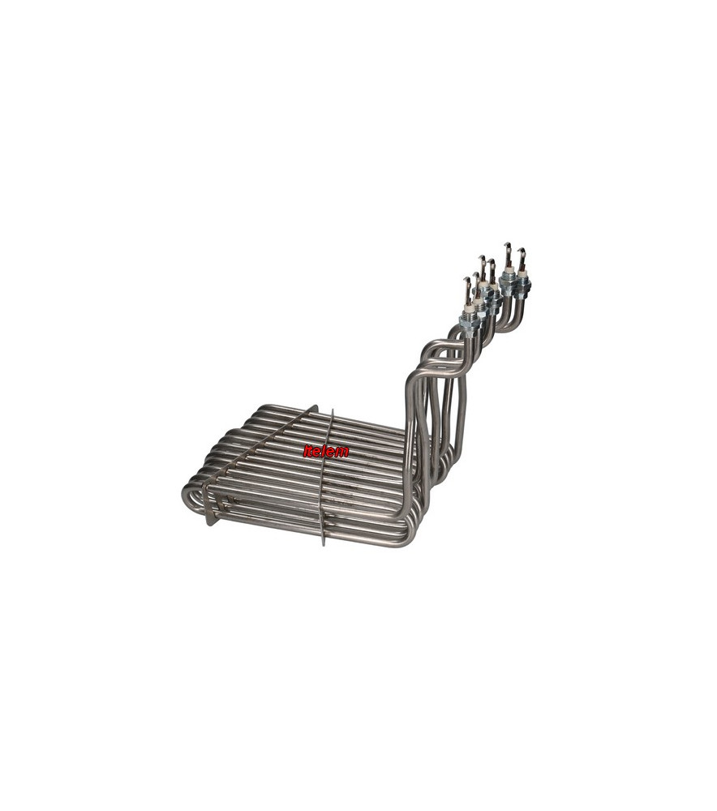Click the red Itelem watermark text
[326, 452]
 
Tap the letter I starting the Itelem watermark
[306, 452]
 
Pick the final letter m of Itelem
[343, 453]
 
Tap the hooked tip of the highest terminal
[508, 245]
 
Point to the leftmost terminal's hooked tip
[468, 280]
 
